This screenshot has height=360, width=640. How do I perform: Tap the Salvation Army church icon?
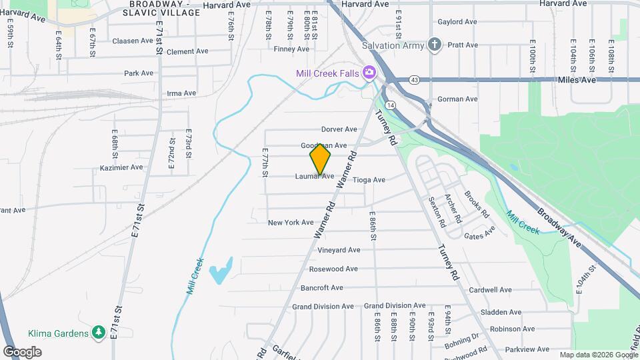tap(435, 45)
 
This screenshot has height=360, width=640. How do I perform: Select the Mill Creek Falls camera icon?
tap(368, 73)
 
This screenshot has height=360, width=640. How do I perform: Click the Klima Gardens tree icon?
tap(99, 332)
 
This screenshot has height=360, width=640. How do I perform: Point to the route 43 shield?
tap(415, 80)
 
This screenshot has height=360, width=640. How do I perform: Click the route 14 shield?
tap(391, 105)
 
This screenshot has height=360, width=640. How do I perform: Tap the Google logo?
tap(22, 351)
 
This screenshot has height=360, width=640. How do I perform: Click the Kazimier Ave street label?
tap(121, 167)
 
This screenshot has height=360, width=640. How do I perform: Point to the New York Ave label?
tap(290, 223)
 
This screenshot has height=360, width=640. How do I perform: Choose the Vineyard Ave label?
tap(339, 250)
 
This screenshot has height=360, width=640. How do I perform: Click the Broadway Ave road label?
tap(559, 226)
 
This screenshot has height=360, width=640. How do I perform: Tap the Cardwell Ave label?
tap(490, 290)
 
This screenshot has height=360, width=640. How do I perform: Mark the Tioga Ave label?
tap(369, 180)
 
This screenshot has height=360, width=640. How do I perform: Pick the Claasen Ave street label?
tap(133, 41)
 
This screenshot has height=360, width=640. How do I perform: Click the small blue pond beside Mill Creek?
tap(221, 271)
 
